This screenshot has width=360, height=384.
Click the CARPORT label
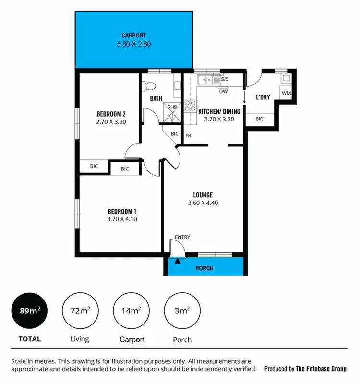[133, 36]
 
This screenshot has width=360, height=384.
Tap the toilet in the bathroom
[150, 86]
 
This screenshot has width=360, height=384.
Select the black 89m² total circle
[30, 311]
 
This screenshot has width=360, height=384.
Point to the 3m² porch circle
[182, 311]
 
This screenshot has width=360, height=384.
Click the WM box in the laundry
[286, 93]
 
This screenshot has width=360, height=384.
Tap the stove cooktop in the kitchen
[191, 106]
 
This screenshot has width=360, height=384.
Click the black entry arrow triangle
[178, 261]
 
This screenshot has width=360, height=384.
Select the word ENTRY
[182, 237]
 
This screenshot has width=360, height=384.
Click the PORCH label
[204, 268]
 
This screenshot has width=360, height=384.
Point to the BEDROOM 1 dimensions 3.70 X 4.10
[122, 219]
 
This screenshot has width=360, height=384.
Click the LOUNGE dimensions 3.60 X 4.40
[203, 203]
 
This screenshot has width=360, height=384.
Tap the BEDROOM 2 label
[111, 114]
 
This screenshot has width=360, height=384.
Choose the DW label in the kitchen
[223, 91]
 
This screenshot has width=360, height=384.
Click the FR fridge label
[189, 136]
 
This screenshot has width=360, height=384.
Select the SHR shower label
[172, 107]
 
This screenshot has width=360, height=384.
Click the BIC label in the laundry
[259, 119]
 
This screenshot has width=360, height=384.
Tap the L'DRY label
[263, 97]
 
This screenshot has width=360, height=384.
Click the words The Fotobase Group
[321, 369]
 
